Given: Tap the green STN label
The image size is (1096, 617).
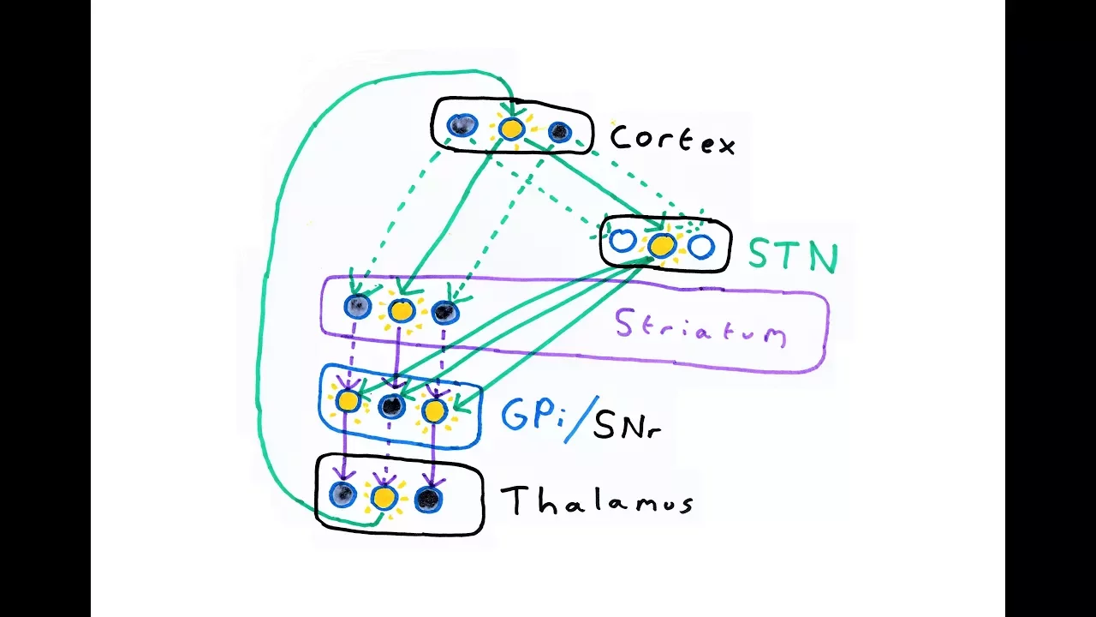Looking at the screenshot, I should (793, 255).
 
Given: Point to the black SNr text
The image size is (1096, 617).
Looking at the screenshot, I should (626, 424).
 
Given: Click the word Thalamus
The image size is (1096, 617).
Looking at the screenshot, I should (597, 500).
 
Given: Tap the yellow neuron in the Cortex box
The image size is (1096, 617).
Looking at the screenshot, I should (511, 129).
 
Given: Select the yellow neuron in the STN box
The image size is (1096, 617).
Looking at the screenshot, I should (661, 245).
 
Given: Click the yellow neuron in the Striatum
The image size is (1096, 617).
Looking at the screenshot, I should (402, 310).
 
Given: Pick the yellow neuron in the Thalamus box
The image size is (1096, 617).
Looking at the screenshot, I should (384, 497).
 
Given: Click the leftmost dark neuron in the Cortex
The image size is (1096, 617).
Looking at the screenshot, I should (463, 126).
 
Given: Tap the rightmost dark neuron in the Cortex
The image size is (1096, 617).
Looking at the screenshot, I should (559, 132).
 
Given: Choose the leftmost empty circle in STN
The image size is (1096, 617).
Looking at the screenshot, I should (622, 242).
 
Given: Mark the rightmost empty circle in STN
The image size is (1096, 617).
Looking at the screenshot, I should (700, 248).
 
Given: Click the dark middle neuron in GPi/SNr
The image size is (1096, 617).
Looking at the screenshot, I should (391, 406).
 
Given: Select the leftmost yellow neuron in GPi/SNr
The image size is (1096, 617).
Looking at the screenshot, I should (348, 400).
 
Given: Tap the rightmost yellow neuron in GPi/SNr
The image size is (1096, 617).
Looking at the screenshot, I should (434, 411).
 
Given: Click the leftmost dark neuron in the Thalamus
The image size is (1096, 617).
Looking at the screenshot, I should (342, 494).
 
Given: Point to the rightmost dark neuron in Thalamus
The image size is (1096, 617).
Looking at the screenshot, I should (427, 499).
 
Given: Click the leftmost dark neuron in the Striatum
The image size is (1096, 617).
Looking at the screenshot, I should (358, 306).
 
